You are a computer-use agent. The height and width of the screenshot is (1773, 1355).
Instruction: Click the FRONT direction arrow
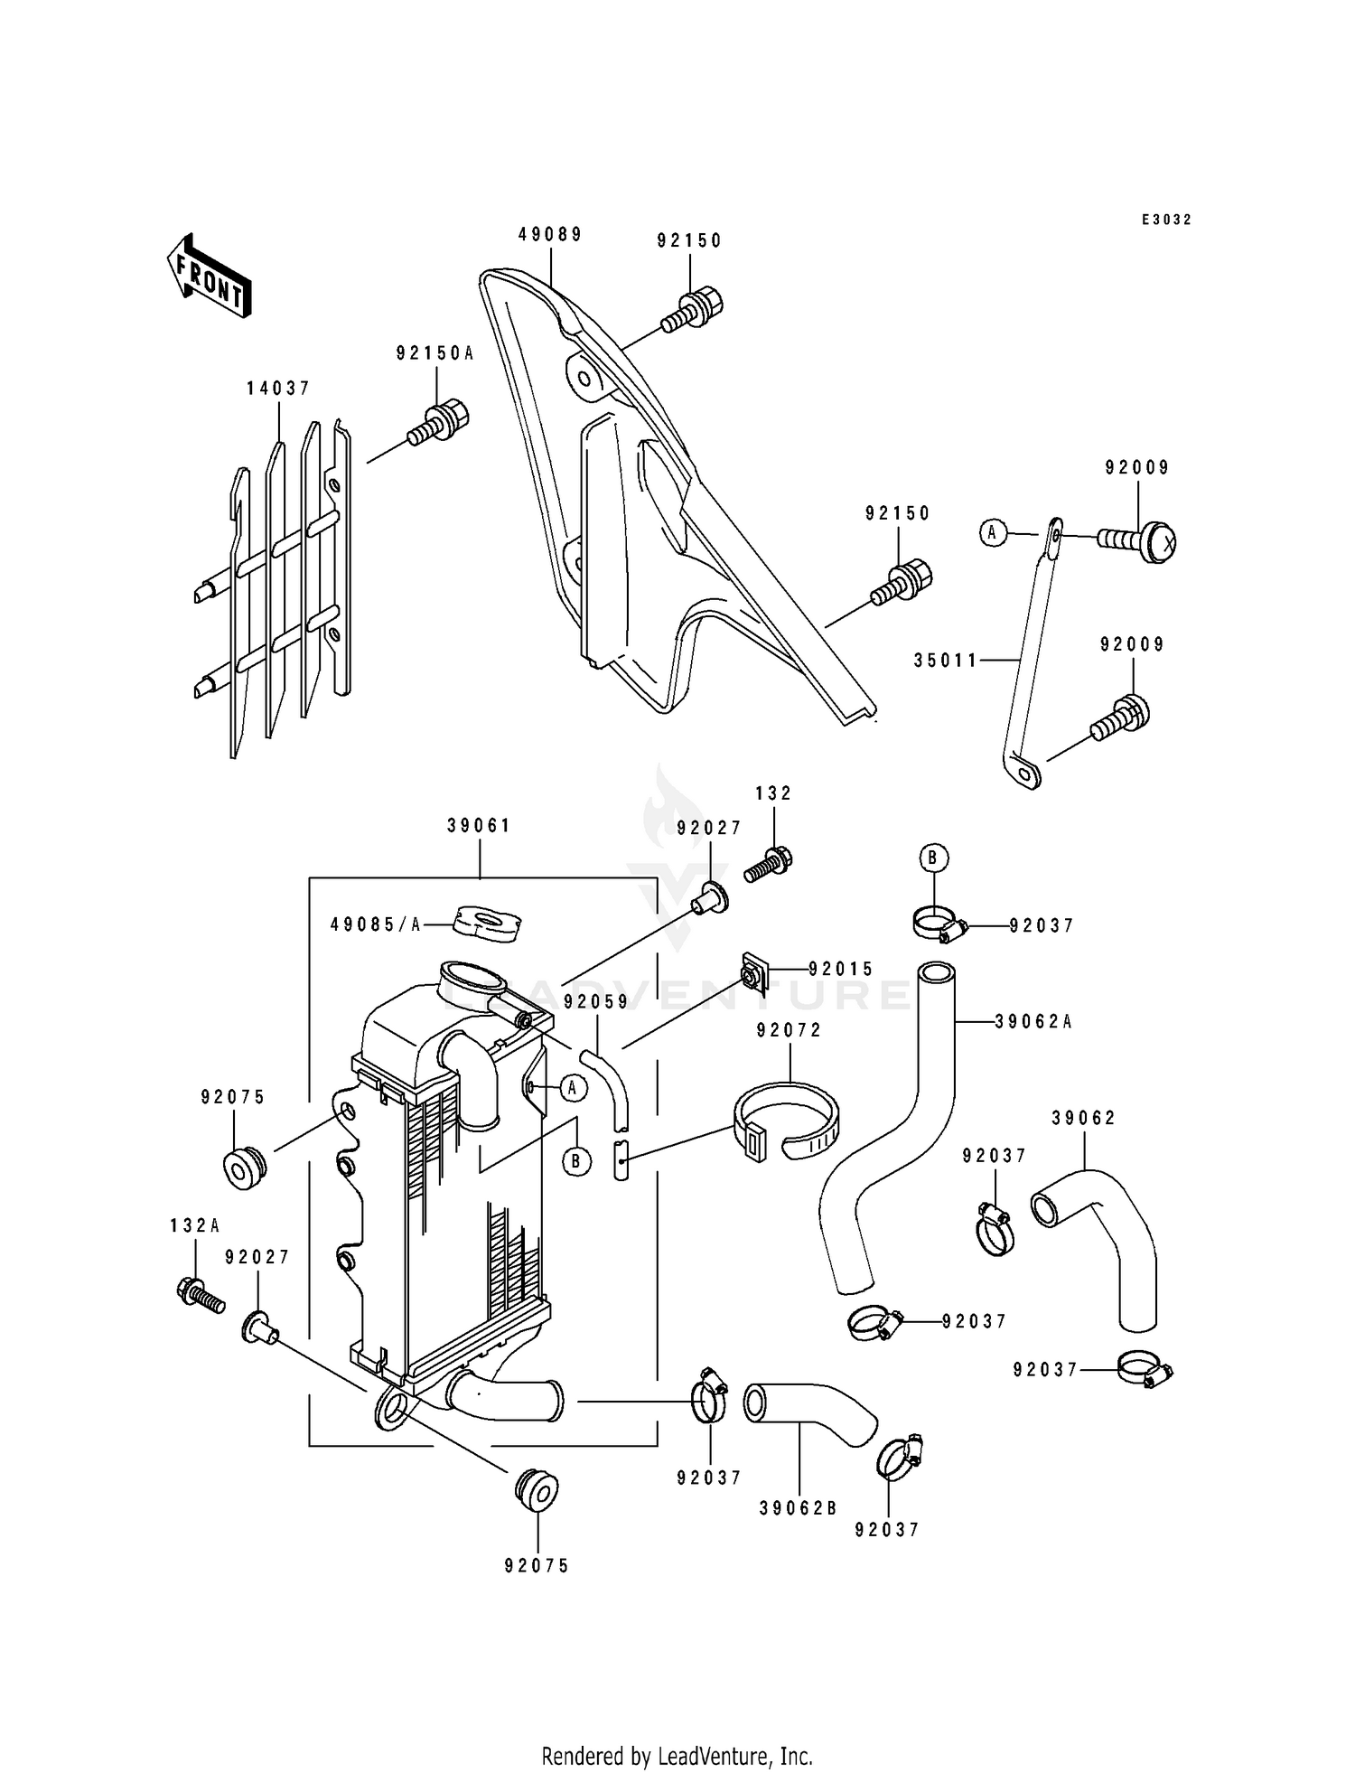[x=209, y=275]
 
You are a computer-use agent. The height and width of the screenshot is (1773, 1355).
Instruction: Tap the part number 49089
[x=550, y=234]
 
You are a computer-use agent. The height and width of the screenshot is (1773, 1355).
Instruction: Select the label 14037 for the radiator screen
[x=278, y=389]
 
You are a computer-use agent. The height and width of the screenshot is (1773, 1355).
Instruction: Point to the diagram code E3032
[x=1166, y=220]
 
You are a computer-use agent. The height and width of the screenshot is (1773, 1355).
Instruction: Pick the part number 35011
[x=945, y=661]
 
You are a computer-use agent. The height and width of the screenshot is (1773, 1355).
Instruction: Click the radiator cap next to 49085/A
[x=488, y=924]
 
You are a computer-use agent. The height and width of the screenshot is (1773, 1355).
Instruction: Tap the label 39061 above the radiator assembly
[x=479, y=826]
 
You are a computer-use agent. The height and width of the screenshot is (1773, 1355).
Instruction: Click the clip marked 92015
[x=752, y=971]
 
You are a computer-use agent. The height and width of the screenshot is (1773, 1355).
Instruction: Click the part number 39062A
[x=1033, y=1022]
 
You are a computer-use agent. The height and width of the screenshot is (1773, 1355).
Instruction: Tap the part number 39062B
[x=799, y=1508]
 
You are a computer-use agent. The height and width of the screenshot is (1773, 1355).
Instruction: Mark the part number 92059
[x=595, y=1002]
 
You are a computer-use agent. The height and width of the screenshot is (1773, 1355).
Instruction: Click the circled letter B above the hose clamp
[x=933, y=858]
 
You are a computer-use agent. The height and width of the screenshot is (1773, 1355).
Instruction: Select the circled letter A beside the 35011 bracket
[x=992, y=533]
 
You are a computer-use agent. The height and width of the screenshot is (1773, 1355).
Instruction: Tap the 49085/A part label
[x=376, y=925]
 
